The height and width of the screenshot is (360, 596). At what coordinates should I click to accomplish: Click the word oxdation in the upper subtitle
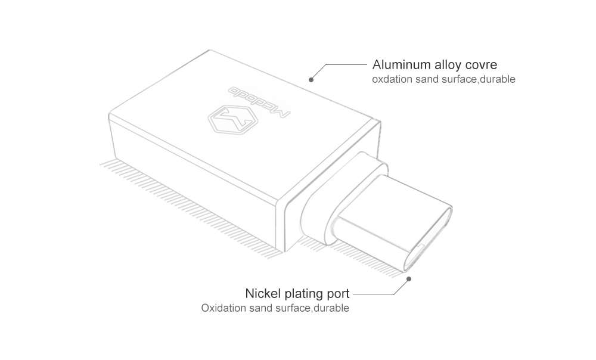pyautogui.click(x=390, y=79)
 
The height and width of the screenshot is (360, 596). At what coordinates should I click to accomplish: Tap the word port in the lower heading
pyautogui.click(x=339, y=294)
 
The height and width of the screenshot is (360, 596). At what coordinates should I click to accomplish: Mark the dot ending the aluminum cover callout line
pyautogui.click(x=311, y=79)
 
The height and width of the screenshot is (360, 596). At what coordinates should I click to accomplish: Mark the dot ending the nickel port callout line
pyautogui.click(x=409, y=278)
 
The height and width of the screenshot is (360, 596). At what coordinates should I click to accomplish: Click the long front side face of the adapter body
pyautogui.click(x=191, y=173)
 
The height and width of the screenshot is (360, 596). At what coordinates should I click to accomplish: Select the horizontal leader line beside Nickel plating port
pyautogui.click(x=373, y=294)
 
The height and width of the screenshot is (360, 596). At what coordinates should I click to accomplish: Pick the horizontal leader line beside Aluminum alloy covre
pyautogui.click(x=346, y=64)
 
